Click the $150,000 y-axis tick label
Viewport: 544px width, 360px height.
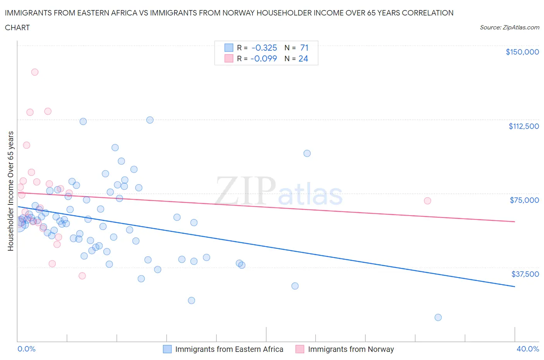click(522, 52)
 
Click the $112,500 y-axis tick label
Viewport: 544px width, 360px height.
click(523, 126)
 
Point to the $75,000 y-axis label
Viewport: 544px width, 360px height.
click(524, 200)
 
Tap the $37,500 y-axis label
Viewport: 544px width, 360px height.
click(525, 274)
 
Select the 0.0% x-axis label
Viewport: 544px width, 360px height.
click(26, 349)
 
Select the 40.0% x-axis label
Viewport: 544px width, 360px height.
click(528, 349)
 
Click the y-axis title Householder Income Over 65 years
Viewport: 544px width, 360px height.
click(11, 191)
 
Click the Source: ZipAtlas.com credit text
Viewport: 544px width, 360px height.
click(509, 27)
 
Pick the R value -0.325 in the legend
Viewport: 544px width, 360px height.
click(264, 48)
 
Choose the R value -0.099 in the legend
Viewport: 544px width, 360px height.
click(263, 58)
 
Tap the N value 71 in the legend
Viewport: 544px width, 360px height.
click(304, 48)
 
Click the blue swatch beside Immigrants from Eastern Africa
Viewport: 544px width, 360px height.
click(167, 349)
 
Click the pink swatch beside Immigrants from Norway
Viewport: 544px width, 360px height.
click(300, 349)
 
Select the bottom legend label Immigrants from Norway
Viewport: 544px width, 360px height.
click(351, 349)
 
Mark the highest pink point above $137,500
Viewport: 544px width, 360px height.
click(35, 72)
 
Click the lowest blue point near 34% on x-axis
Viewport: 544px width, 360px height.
click(438, 317)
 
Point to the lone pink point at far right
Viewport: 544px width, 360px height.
click(428, 201)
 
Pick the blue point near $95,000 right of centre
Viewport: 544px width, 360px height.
click(307, 153)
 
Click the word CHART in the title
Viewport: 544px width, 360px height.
click(17, 27)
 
